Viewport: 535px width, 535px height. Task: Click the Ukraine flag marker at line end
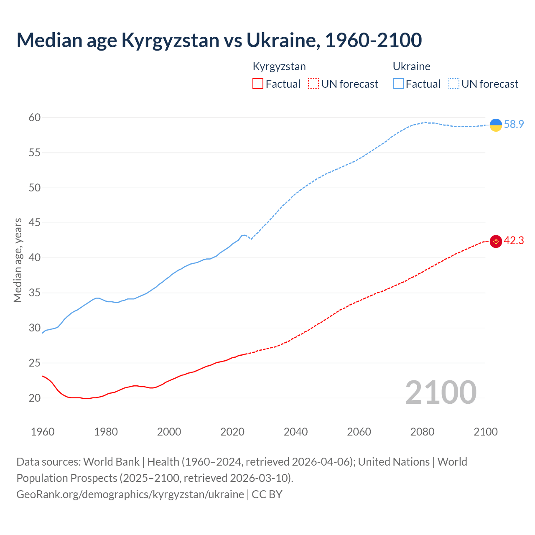(496, 125)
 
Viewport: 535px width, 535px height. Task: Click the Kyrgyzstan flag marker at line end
(496, 241)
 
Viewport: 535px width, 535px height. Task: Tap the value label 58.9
(514, 125)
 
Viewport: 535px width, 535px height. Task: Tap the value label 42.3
(514, 241)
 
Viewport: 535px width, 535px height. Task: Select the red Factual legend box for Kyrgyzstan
(258, 84)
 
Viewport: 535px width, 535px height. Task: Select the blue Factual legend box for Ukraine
(398, 84)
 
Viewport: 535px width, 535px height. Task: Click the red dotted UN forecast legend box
(313, 84)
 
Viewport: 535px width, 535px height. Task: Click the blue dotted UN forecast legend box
(453, 84)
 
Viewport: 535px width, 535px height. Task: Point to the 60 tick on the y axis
(35, 118)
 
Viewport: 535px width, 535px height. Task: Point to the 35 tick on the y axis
(35, 293)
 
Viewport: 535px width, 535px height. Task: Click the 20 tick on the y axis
(35, 398)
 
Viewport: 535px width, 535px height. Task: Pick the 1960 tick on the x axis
(43, 432)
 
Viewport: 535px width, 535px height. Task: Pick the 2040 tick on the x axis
(296, 432)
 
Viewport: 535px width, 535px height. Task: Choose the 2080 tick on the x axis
(422, 432)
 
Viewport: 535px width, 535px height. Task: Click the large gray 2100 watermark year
(441, 392)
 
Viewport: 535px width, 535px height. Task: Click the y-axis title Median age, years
(18, 260)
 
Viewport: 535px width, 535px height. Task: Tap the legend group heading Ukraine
(411, 66)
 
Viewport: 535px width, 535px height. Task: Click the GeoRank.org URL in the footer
(130, 494)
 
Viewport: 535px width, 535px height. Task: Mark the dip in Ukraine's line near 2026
(251, 239)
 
